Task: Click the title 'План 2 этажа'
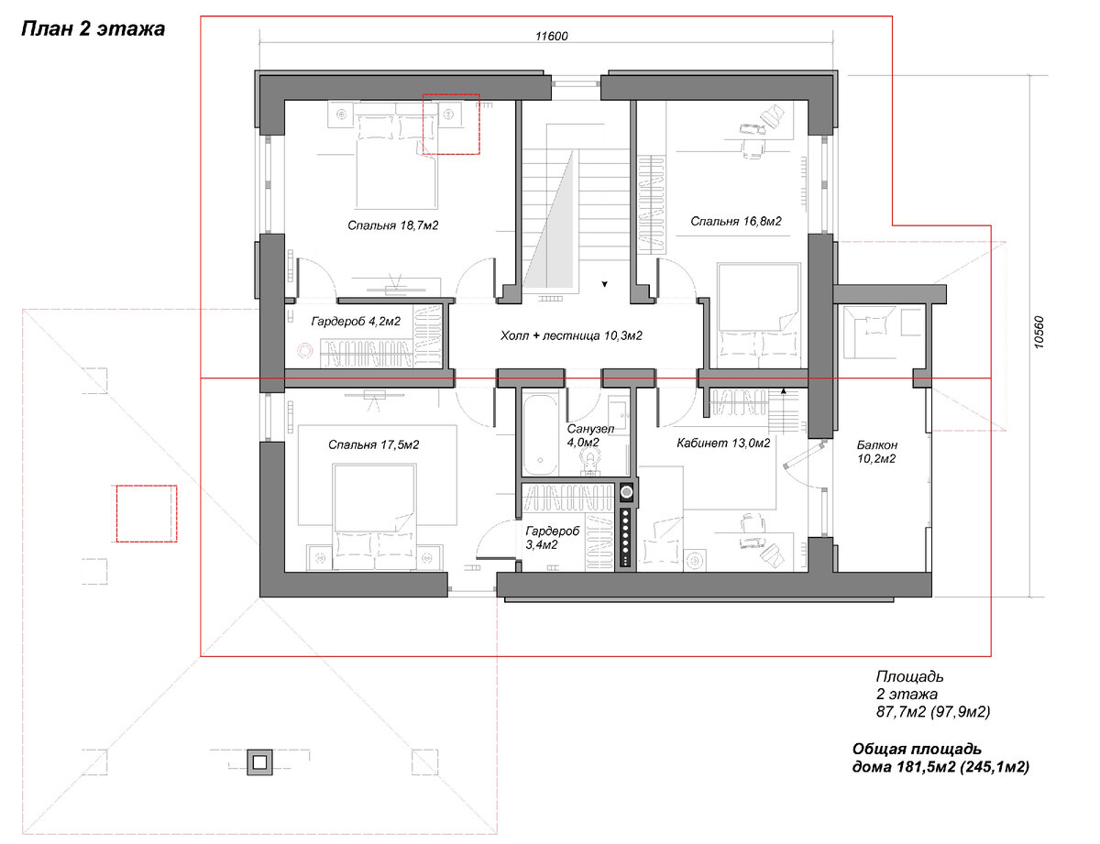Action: point(93,28)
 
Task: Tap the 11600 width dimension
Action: point(552,37)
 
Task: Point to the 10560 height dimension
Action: point(1039,332)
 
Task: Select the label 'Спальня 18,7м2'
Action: point(393,225)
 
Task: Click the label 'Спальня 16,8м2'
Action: point(736,221)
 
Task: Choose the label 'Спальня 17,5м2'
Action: point(374,444)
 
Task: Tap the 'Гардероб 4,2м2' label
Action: point(356,322)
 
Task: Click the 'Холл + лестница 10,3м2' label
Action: point(571,335)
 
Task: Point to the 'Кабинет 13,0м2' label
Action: point(723,444)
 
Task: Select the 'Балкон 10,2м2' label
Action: point(876,452)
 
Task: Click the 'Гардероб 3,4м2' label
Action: point(552,538)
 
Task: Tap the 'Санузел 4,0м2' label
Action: point(590,435)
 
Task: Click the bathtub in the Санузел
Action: point(540,435)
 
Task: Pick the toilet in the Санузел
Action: point(589,462)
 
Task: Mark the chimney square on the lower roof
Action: point(259,762)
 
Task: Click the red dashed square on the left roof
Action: point(147,513)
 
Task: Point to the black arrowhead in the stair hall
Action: point(604,284)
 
